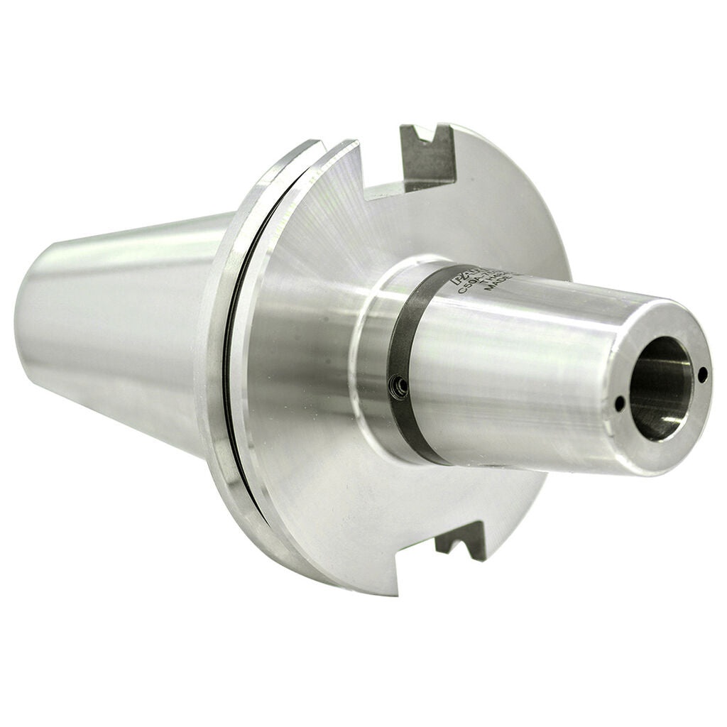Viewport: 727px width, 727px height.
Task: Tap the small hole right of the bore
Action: point(702,376)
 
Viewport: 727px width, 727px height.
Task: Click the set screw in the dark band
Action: point(401,386)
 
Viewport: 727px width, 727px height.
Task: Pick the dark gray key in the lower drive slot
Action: point(461,541)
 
